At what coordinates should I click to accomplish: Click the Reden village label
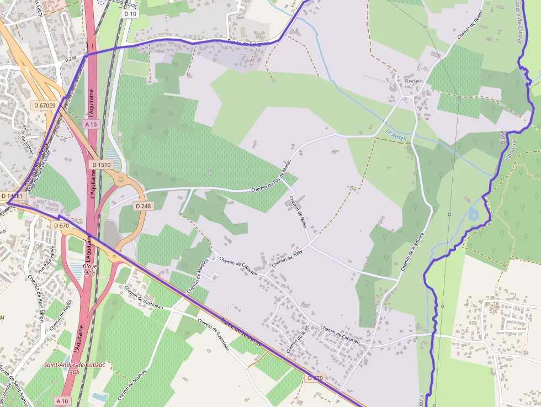[414, 81]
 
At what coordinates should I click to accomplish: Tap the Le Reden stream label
[396, 134]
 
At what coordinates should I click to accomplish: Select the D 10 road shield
[130, 13]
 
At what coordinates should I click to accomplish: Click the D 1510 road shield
[101, 165]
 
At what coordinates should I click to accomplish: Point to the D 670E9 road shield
[44, 105]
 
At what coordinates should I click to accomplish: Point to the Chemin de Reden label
[470, 25]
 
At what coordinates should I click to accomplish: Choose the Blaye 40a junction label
[89, 269]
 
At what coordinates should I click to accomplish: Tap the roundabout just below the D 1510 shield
[120, 179]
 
